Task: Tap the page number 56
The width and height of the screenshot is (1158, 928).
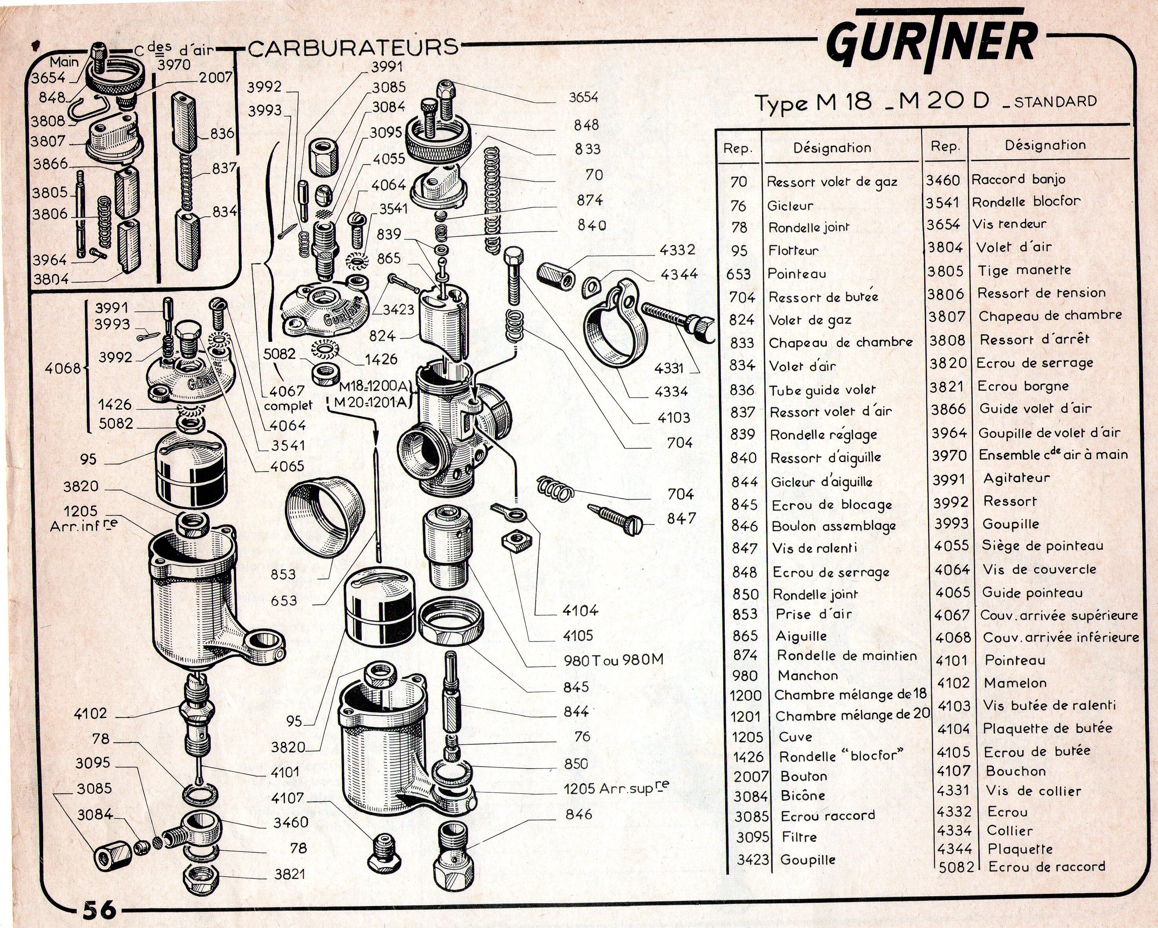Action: click(99, 909)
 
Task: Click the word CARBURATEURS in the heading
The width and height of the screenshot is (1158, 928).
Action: click(354, 48)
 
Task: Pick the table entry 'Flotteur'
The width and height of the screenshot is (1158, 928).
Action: click(793, 250)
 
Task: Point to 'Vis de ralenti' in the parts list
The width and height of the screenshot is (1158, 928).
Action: click(814, 548)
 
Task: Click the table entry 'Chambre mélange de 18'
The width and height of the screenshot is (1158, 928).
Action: click(851, 694)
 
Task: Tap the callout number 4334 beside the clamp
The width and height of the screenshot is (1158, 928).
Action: click(671, 392)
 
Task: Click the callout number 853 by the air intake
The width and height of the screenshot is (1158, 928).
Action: click(283, 574)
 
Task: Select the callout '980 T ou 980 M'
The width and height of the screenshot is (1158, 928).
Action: click(613, 660)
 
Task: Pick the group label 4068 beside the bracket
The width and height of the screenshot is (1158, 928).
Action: click(62, 368)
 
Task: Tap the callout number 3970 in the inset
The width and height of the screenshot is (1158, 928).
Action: click(174, 64)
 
